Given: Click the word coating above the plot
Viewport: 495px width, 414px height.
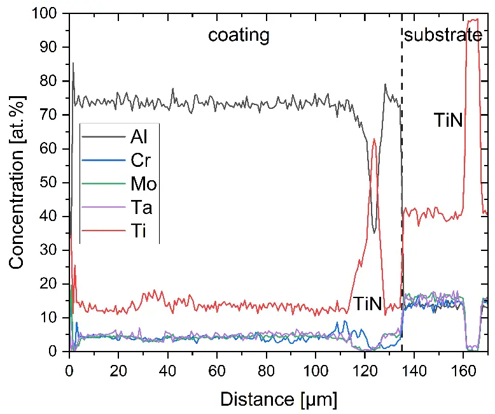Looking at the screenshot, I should pos(239,34).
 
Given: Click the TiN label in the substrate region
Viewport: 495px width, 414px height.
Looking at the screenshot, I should pos(448,120).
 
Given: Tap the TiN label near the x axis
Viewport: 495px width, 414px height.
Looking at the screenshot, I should pos(367,304).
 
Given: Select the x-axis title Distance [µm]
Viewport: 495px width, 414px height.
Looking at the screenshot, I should pos(279,399).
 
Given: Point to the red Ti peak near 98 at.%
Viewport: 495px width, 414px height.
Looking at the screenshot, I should pos(473,20).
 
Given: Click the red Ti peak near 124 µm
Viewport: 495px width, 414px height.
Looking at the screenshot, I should pos(374,139).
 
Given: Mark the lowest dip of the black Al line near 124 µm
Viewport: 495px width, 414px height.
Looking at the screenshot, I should pos(375,232).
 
